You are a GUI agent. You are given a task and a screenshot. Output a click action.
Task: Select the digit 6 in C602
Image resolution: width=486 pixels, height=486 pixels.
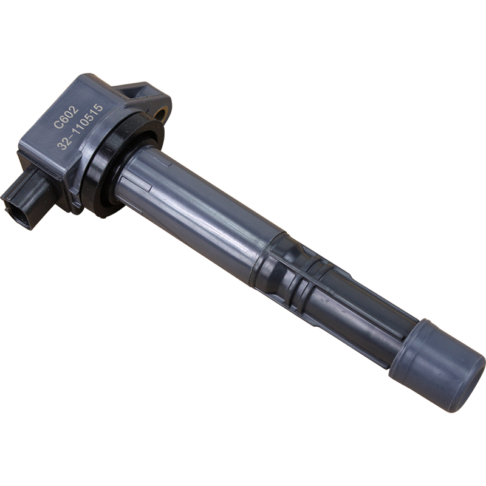[x=61, y=118]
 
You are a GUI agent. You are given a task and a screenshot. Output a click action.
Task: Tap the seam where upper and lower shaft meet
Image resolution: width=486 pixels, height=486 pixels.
[x=267, y=255]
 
